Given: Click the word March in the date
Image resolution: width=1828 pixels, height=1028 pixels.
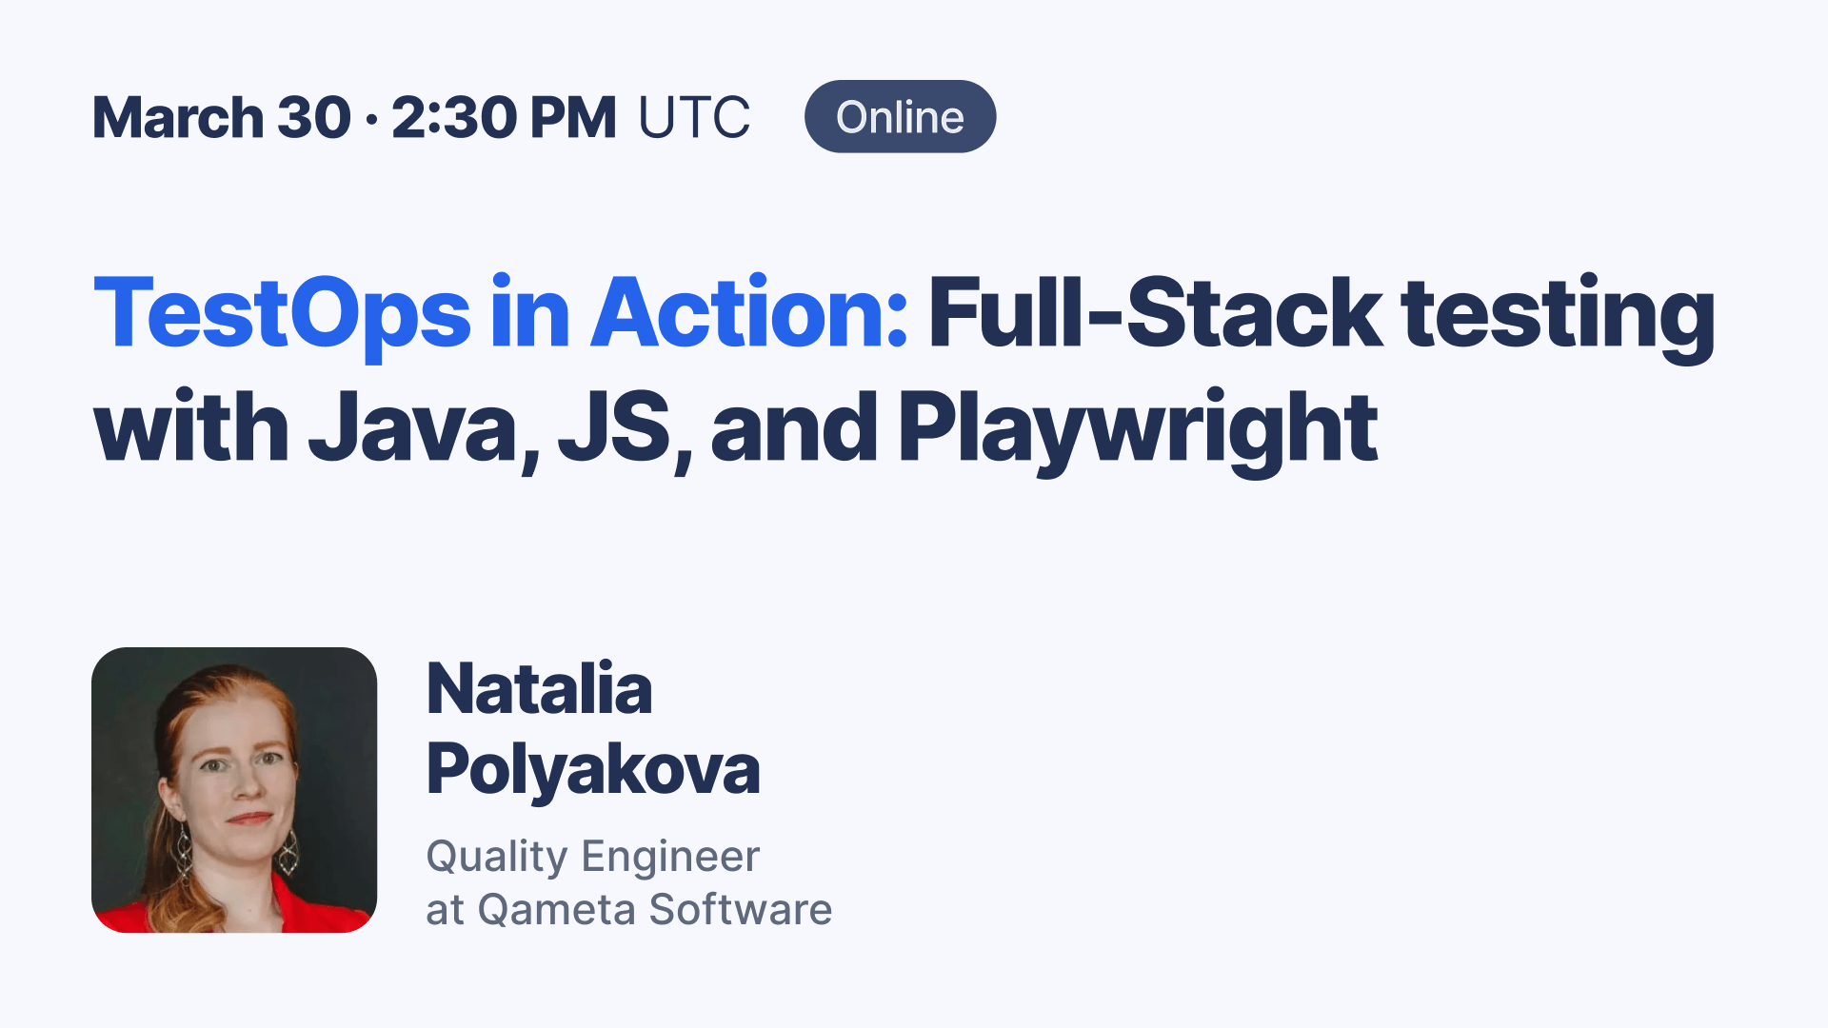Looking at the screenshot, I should (177, 118).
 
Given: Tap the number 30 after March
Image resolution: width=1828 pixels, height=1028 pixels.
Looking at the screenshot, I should (314, 118).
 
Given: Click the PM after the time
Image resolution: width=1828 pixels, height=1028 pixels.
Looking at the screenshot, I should (572, 118).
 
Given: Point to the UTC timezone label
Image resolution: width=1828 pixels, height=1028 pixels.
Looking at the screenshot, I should (694, 118).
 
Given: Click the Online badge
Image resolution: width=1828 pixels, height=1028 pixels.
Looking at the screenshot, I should (900, 117).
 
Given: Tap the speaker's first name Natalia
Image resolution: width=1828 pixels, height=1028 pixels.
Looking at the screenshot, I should (539, 688).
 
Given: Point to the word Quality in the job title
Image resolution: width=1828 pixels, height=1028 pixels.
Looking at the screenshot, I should (497, 858).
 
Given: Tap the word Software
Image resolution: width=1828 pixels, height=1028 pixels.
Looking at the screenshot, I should (741, 910).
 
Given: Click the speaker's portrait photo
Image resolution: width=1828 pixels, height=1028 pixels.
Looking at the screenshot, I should (234, 790).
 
